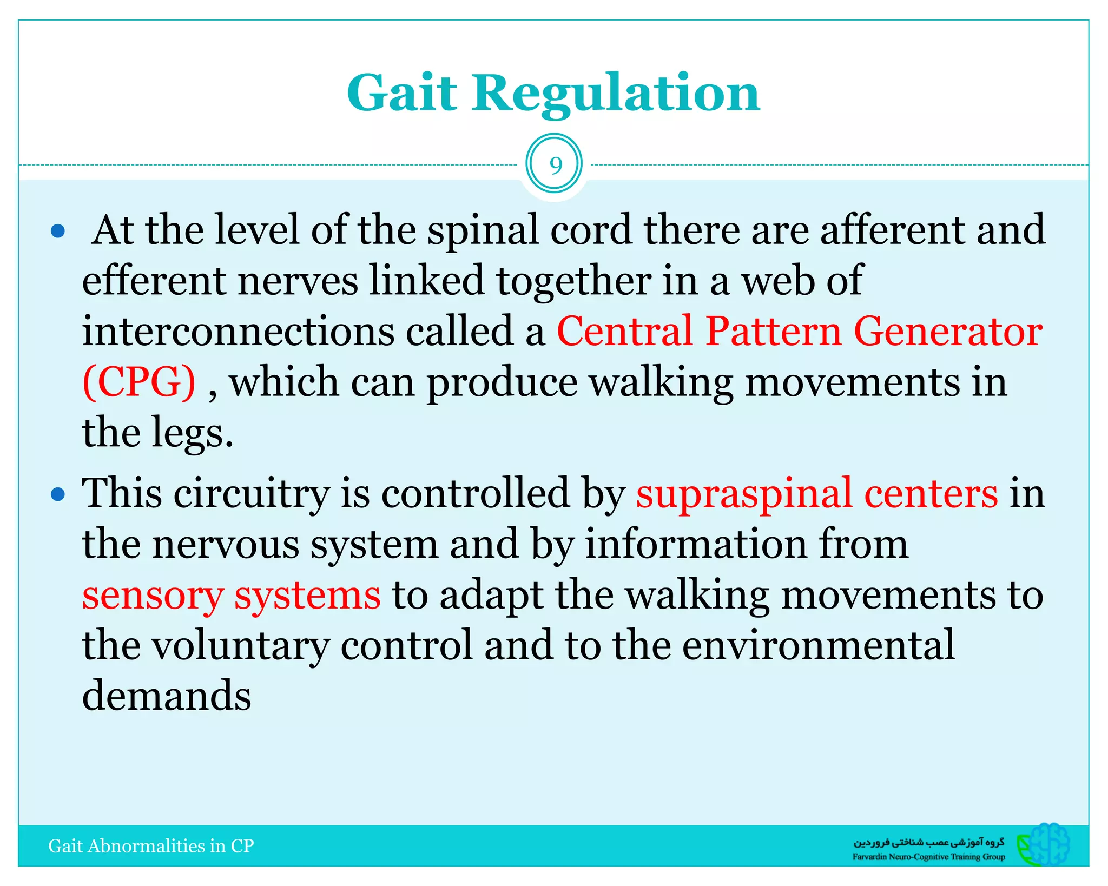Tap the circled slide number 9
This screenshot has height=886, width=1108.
click(554, 165)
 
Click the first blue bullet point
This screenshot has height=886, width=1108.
click(58, 232)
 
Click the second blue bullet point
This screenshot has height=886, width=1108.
click(58, 494)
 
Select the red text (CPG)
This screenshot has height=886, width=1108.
click(139, 382)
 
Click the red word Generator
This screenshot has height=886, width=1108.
click(948, 331)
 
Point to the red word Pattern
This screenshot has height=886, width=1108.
click(774, 331)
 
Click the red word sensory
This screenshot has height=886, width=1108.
click(153, 596)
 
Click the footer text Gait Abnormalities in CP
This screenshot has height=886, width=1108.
click(151, 846)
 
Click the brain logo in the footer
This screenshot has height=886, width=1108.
click(1044, 844)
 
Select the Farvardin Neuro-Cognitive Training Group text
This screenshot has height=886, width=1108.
click(928, 857)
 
